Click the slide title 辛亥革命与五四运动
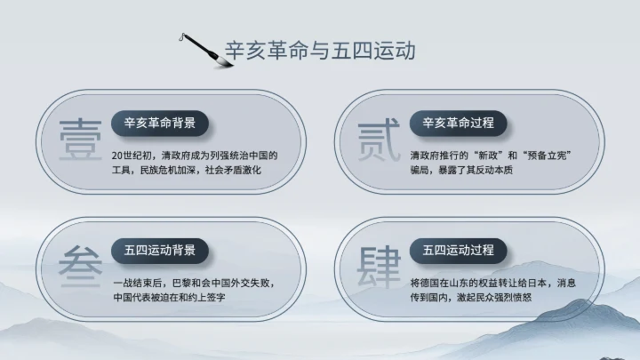pos(320,51)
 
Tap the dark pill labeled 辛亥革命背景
pos(160,123)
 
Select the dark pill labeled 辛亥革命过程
pos(458,123)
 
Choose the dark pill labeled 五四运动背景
pos(160,250)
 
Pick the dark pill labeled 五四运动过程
pos(458,250)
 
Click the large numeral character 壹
pos(79,140)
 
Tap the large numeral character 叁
pos(79,266)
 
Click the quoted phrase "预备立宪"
pos(546,155)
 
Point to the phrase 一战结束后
pos(136,283)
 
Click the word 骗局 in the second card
pos(420,169)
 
